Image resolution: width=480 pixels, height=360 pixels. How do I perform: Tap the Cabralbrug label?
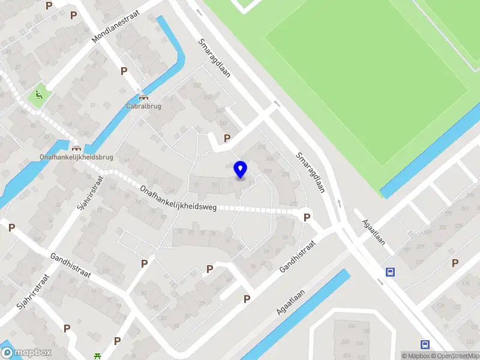(x=143, y=106)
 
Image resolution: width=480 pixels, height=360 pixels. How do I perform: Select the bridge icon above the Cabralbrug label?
(x=143, y=97)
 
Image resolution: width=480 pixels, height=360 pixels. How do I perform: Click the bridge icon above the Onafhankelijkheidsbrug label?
(x=76, y=148)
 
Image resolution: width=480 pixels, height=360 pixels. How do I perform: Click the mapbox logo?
(x=26, y=352)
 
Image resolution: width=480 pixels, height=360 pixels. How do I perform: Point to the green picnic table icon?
(x=97, y=356)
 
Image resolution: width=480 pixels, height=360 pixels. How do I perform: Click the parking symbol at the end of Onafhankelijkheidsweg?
(x=307, y=217)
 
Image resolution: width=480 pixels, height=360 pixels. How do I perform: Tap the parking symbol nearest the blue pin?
(x=227, y=138)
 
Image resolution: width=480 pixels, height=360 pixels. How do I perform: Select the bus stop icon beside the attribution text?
(x=425, y=344)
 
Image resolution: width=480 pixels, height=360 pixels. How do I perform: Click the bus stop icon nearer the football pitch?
(x=391, y=272)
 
